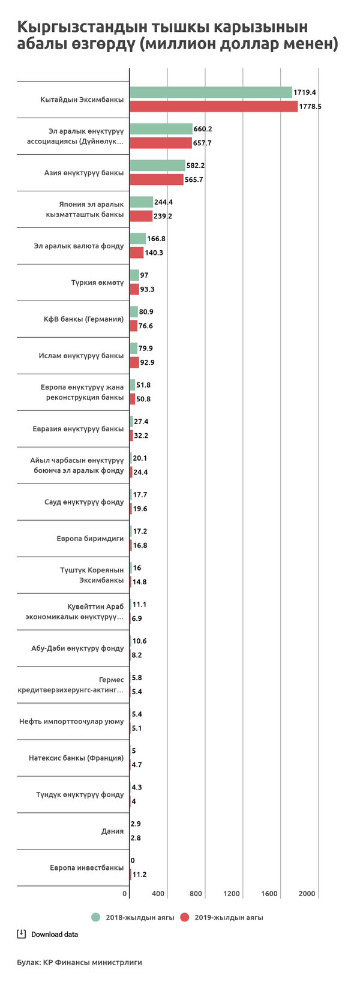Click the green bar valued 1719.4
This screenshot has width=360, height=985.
[211, 92]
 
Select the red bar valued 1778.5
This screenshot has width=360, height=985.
[214, 106]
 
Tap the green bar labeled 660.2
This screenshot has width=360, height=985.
[161, 129]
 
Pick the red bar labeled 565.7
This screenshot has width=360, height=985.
[157, 179]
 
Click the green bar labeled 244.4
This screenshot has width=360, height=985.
[141, 202]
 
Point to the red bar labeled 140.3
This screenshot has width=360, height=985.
[136, 253]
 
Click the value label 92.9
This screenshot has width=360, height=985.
[148, 362]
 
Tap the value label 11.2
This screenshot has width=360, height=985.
[140, 875]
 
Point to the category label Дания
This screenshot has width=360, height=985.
[112, 831]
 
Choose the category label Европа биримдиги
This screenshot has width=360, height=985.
[91, 539]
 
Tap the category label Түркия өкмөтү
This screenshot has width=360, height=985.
[98, 283]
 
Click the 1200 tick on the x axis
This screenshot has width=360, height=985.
[232, 894]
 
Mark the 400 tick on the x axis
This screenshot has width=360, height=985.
[158, 894]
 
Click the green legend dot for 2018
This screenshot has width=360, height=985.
[95, 917]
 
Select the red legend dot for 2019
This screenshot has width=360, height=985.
[185, 917]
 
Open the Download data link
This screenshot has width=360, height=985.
[55, 935]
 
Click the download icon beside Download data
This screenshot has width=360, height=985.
[21, 934]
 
